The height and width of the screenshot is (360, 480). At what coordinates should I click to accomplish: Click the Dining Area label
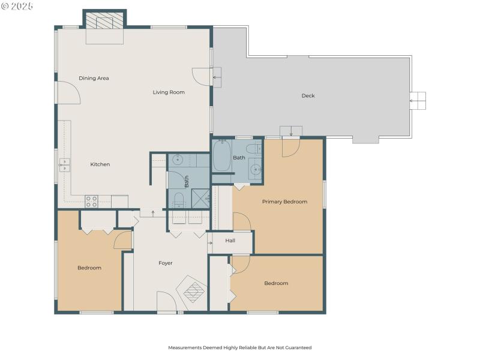pos(94,78)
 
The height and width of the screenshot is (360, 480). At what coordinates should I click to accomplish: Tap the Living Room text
pos(169,92)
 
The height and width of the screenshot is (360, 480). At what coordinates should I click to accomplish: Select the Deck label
pos(308,95)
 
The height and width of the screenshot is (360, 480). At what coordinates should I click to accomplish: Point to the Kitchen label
pos(100,164)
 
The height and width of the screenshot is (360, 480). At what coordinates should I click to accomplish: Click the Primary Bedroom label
pos(284,202)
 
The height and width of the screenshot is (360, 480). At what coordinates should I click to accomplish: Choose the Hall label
pos(230,241)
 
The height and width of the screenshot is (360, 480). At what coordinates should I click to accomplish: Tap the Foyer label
pos(166,263)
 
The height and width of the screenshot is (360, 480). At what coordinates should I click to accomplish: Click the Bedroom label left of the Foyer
pos(89,268)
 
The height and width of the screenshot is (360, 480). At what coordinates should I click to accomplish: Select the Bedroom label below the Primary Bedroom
pos(276,283)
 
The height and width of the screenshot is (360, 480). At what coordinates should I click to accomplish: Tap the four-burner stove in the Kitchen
pos(91,202)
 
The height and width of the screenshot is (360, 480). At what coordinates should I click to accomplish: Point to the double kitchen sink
pos(64,165)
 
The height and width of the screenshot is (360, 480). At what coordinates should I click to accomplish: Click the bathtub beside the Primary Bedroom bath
pos(221,156)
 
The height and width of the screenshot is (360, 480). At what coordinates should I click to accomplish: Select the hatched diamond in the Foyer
pos(193,292)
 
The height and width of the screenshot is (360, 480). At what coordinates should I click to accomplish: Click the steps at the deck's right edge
pos(418,101)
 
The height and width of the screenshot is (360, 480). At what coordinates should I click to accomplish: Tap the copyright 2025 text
pos(18,6)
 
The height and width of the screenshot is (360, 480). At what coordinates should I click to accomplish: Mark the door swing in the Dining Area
pos(67,93)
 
